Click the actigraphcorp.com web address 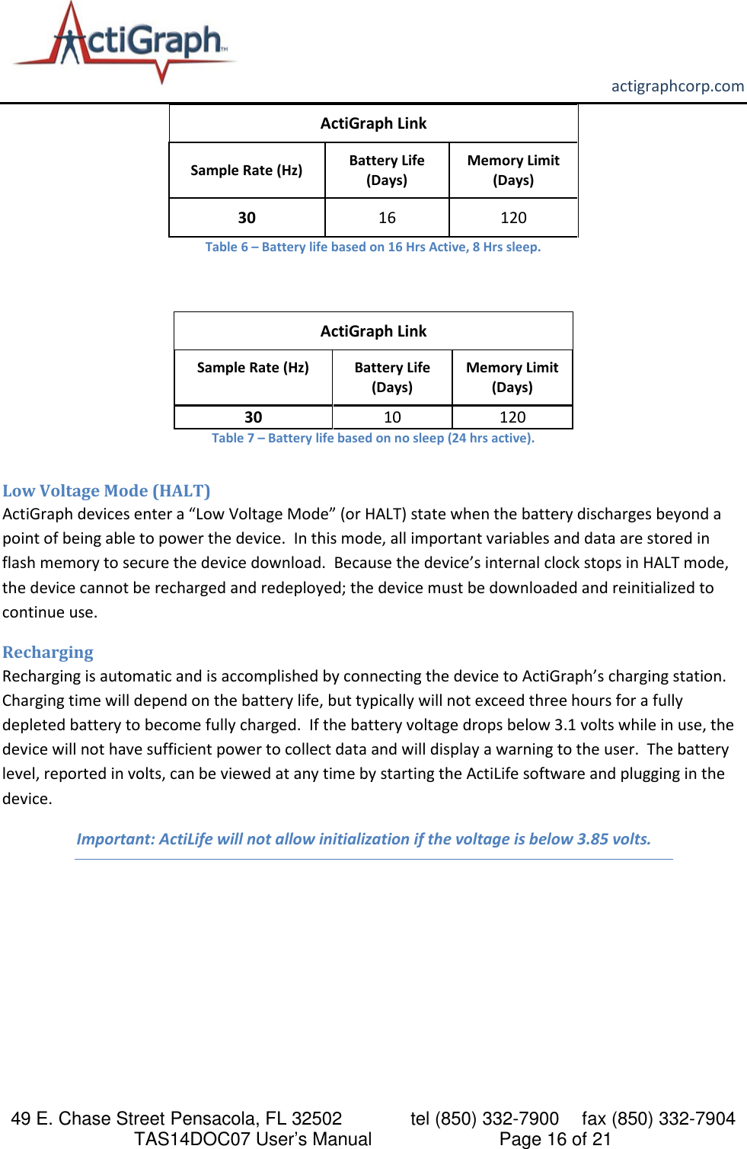click(x=677, y=86)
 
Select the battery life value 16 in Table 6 click(x=387, y=218)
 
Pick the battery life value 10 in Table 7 click(x=392, y=417)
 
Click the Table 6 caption click(x=372, y=247)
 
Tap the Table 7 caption click(x=372, y=438)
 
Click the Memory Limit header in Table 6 click(x=513, y=170)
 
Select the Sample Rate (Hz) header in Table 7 click(x=253, y=368)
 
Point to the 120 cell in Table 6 click(x=513, y=218)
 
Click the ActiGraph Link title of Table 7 click(x=373, y=331)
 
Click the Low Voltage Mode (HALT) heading click(x=107, y=490)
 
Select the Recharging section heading click(x=48, y=653)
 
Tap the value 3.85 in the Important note click(x=592, y=839)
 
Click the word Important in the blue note click(x=115, y=839)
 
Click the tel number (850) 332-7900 click(x=496, y=1119)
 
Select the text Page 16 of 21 click(x=555, y=1139)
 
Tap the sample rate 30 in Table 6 click(x=247, y=218)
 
